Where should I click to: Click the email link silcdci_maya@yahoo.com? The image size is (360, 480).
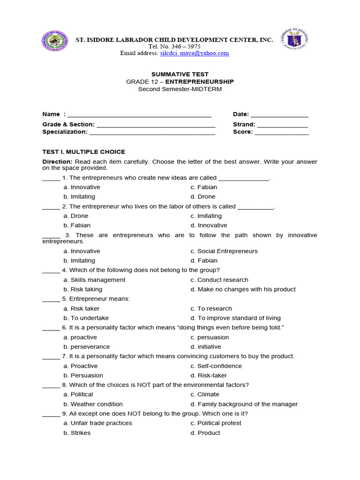click(x=194, y=53)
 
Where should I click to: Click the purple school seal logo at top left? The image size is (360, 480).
click(x=54, y=44)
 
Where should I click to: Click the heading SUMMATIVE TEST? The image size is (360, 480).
click(x=180, y=74)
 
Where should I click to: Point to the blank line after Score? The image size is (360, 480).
click(x=282, y=133)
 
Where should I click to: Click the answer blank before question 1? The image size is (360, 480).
click(x=51, y=179)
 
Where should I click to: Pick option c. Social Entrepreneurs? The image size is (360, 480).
click(x=224, y=251)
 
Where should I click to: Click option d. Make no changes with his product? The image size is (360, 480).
click(x=243, y=290)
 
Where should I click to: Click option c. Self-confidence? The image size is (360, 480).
click(x=216, y=366)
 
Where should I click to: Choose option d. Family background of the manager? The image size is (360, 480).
click(x=244, y=404)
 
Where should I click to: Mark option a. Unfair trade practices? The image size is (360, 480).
click(x=97, y=423)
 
